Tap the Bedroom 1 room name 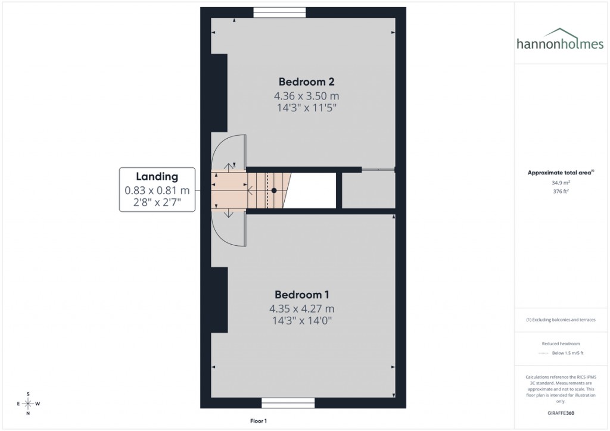(301, 295)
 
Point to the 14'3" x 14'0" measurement (301, 321)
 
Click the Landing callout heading (157, 176)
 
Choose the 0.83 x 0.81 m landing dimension (157, 190)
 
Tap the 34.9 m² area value (561, 183)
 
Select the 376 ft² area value (561, 191)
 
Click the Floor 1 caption (259, 421)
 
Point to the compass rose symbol (28, 404)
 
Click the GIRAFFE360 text (561, 413)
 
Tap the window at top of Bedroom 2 (279, 12)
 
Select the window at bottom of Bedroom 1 (288, 403)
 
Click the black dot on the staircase (274, 190)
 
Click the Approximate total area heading (561, 173)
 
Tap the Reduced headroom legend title (561, 343)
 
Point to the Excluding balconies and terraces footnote (561, 320)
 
